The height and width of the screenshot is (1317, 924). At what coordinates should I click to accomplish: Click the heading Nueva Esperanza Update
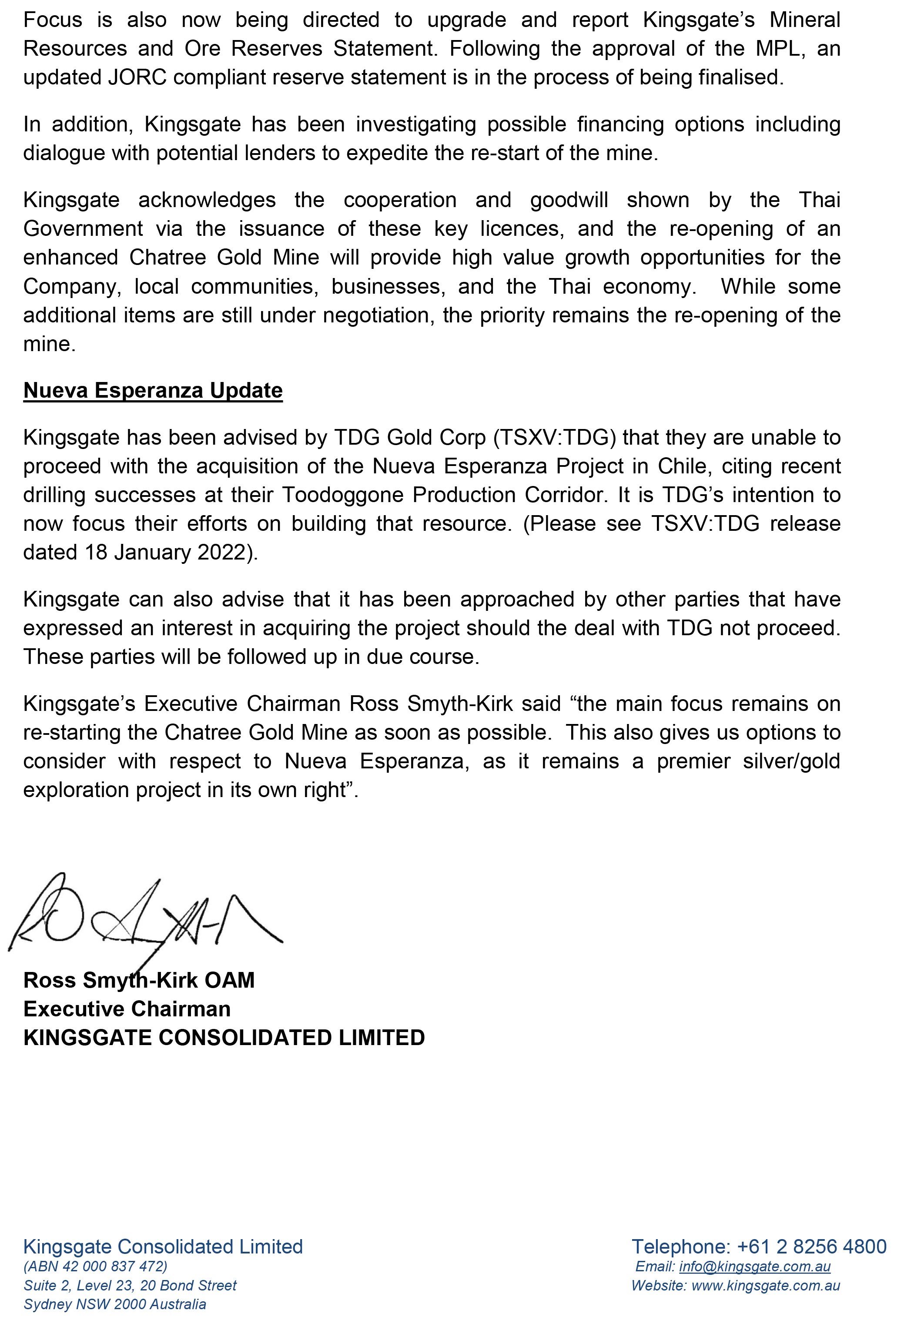153,391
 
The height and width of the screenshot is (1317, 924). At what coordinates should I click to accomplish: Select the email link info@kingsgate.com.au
754,1266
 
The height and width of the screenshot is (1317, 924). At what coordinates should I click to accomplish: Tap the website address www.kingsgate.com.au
766,1285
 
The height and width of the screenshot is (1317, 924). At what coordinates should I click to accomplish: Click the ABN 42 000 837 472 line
95,1266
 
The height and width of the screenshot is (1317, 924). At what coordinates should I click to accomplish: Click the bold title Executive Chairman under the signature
127,1009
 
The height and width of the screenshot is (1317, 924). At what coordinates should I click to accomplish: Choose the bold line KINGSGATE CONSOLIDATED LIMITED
224,1038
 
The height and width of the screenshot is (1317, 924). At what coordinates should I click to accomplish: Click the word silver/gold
791,761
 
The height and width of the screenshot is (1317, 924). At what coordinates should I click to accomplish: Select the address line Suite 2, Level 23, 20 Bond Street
130,1285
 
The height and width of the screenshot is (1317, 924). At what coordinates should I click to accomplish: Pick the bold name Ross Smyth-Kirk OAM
139,980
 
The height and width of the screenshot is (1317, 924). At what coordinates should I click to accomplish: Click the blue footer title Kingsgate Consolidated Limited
163,1247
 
